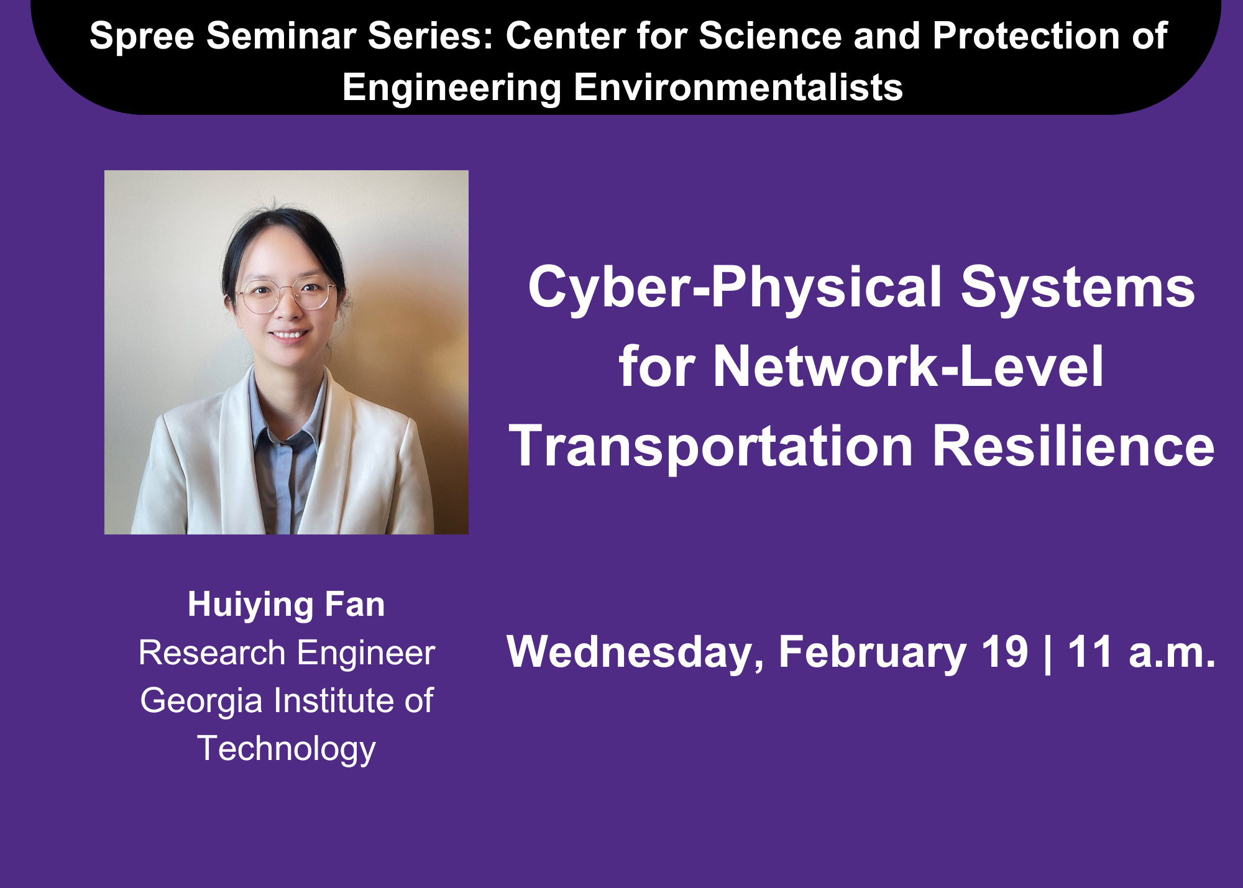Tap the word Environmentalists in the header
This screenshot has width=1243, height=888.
coord(738,87)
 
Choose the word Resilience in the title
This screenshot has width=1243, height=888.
coord(1073,446)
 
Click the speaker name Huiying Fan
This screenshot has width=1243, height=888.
coord(287,605)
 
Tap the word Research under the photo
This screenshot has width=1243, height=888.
coord(212,653)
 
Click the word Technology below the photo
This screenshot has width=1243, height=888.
coord(287,749)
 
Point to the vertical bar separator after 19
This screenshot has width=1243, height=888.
coord(1048,653)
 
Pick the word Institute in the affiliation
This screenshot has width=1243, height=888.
coord(334,700)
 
